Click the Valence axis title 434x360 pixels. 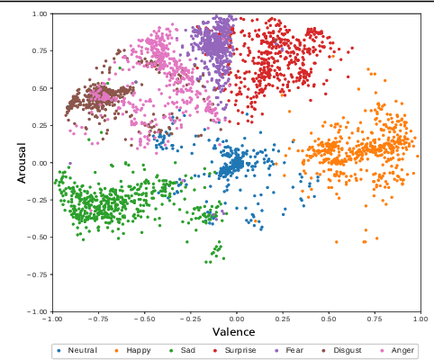pyautogui.click(x=234, y=331)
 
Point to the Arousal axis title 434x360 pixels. pyautogui.click(x=23, y=162)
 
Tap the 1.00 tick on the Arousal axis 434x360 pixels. pyautogui.click(x=40, y=14)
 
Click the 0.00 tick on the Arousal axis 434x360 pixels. pyautogui.click(x=40, y=163)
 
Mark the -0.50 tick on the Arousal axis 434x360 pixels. pyautogui.click(x=38, y=237)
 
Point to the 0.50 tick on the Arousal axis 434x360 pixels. pyautogui.click(x=40, y=88)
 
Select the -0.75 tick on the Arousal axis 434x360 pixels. pyautogui.click(x=38, y=274)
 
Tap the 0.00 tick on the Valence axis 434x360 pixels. pyautogui.click(x=236, y=319)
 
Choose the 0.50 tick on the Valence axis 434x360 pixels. pyautogui.click(x=328, y=319)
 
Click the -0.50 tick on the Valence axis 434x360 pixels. pyautogui.click(x=144, y=319)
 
